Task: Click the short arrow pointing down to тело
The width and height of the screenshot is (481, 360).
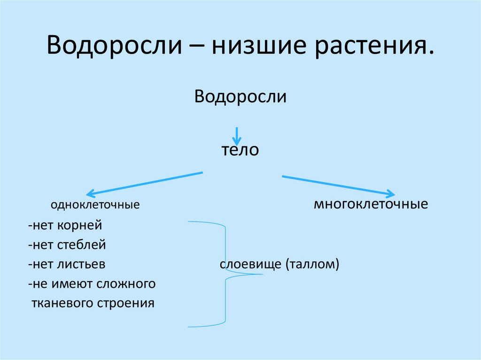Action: coord(237,136)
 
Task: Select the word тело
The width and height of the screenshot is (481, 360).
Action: coord(240,151)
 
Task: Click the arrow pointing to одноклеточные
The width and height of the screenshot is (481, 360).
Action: coord(144,183)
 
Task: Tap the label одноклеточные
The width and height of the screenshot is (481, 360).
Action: coord(95,205)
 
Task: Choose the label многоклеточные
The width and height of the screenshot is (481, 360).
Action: coord(371,205)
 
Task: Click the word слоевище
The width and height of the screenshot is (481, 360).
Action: coord(250,264)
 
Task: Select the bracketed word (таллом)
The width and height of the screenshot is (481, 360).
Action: coord(311,264)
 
